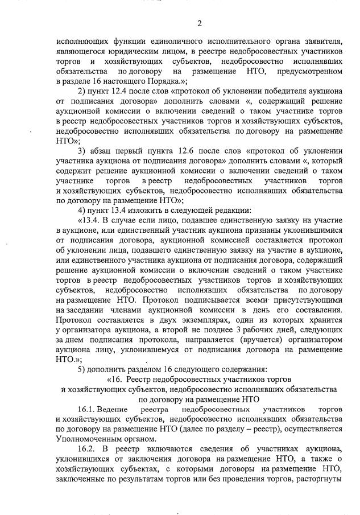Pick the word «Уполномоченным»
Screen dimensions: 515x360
pyautogui.click(x=92, y=439)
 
